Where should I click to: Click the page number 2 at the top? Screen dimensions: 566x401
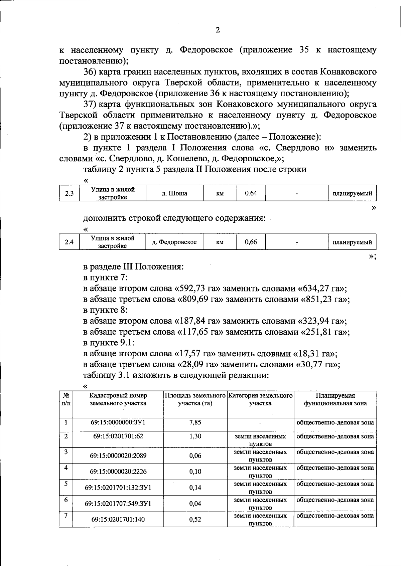point(218,30)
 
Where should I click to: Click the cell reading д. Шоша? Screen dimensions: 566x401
point(175,193)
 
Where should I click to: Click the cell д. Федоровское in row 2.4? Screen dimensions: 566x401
point(175,242)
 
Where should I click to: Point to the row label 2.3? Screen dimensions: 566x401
point(69,193)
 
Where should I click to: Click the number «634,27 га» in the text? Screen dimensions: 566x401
point(321,289)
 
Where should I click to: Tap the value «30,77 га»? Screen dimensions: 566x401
point(316,364)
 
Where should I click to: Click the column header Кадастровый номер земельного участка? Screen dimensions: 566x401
point(118,399)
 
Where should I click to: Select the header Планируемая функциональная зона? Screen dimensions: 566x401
point(335,399)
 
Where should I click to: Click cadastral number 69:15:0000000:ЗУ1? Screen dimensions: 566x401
point(118,422)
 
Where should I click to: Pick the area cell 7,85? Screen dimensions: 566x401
point(195,422)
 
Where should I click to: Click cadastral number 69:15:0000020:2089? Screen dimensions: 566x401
point(118,456)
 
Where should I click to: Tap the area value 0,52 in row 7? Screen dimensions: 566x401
point(195,519)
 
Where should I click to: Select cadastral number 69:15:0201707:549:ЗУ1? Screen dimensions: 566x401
point(118,504)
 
